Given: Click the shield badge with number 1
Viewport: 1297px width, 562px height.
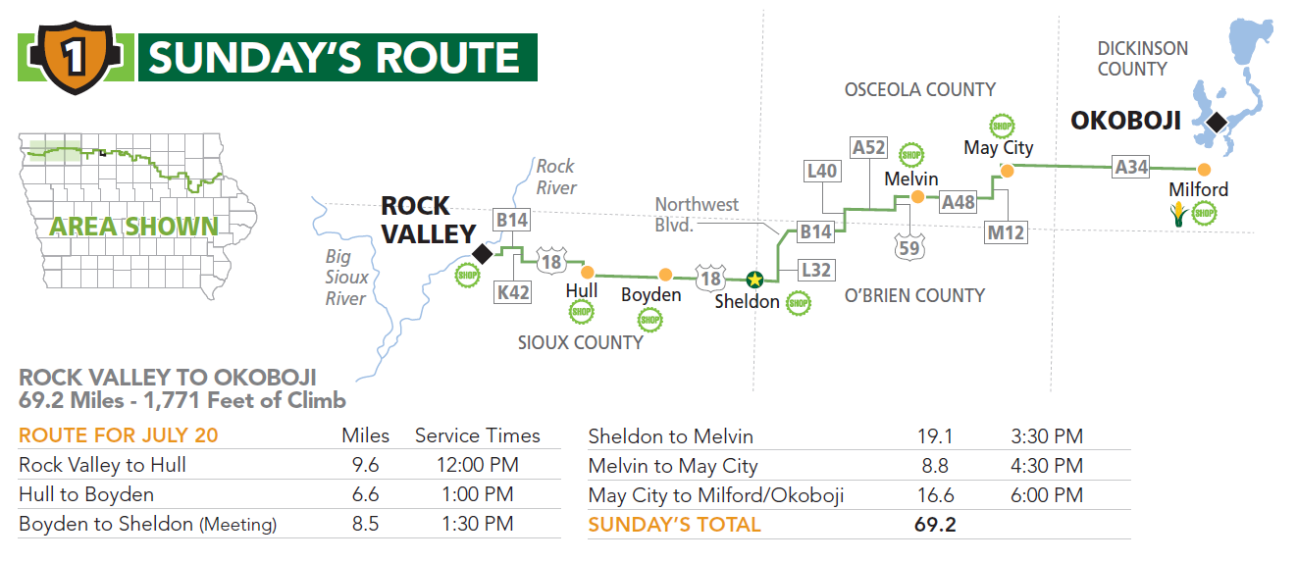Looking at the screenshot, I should click(74, 59).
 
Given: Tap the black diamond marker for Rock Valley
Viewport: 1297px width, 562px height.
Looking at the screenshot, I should click(482, 254).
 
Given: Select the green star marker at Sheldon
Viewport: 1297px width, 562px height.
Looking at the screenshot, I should click(753, 279).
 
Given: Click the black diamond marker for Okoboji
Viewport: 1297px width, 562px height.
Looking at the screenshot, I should click(1217, 123).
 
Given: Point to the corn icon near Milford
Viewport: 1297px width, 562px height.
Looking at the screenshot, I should click(1177, 214).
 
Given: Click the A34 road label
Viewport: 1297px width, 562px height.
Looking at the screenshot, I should click(1131, 168).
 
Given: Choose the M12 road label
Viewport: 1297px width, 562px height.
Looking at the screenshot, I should click(1006, 232).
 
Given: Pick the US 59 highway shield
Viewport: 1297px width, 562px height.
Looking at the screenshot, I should click(909, 247).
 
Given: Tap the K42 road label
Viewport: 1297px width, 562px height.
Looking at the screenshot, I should click(513, 291).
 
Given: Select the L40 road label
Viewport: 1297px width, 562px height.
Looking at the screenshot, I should click(821, 172).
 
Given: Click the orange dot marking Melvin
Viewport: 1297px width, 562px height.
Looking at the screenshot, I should click(917, 197).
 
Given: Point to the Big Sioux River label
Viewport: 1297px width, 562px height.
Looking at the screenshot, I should click(346, 278).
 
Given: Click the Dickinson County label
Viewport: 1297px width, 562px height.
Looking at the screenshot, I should click(1142, 59).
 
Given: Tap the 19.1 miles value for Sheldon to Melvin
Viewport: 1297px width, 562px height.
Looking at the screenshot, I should click(933, 436).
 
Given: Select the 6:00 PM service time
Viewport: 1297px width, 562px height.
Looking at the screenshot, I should click(1047, 495).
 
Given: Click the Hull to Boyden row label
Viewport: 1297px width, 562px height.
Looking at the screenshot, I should click(86, 494).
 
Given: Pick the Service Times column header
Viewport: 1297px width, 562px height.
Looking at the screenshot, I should click(477, 435).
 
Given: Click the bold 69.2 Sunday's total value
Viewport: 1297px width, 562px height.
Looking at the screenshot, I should click(934, 525).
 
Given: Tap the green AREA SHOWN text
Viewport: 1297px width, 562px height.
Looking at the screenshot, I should click(134, 227).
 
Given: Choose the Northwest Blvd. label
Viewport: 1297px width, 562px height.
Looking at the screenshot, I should click(697, 214).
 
